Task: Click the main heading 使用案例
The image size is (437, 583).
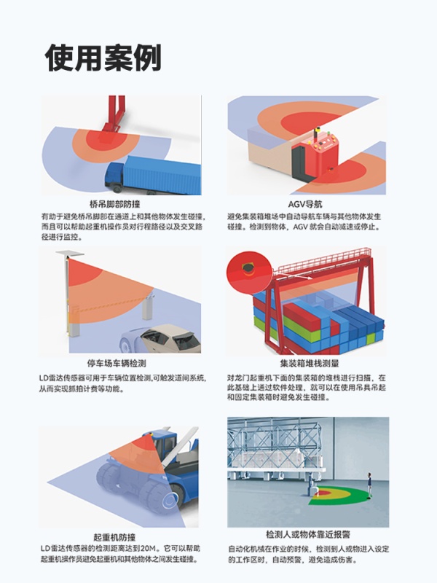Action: (x=103, y=58)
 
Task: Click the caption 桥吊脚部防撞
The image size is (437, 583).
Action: (x=115, y=204)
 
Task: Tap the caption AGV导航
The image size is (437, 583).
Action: (x=305, y=204)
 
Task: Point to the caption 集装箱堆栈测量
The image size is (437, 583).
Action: (x=309, y=363)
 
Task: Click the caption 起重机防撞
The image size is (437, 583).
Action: (x=114, y=537)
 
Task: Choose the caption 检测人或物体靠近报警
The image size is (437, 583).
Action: (x=308, y=535)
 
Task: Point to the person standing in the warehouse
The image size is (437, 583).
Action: (x=369, y=485)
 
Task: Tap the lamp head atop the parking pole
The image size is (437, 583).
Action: (x=70, y=254)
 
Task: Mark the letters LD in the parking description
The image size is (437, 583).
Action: (x=44, y=378)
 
